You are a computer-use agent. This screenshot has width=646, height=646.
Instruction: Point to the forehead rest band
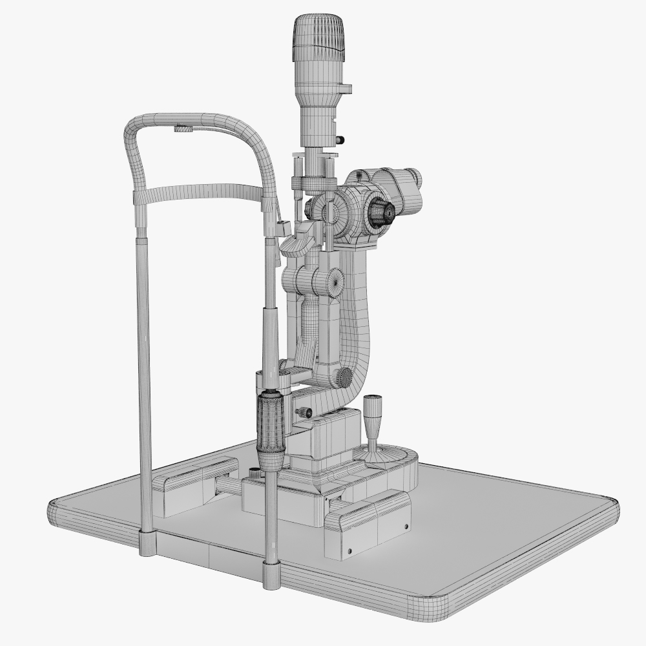(200, 192)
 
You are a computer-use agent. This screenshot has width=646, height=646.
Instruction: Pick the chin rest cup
(297, 245)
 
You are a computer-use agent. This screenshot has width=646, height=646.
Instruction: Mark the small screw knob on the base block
(303, 412)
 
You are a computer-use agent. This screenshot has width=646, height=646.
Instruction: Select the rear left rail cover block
(194, 484)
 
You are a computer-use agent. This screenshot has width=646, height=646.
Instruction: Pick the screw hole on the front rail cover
(349, 551)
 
